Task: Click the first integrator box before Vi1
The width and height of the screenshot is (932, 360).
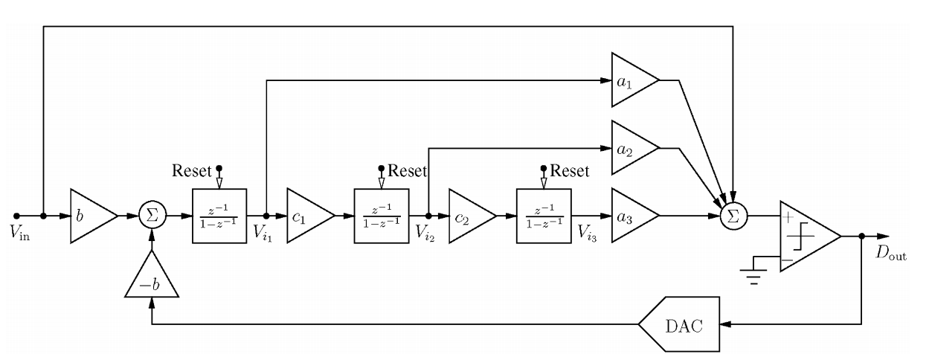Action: (x=219, y=216)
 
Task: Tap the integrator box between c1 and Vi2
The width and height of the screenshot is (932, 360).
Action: (x=381, y=216)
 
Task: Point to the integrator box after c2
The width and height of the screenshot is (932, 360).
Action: (x=543, y=216)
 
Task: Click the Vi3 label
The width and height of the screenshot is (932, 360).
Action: (x=591, y=233)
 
